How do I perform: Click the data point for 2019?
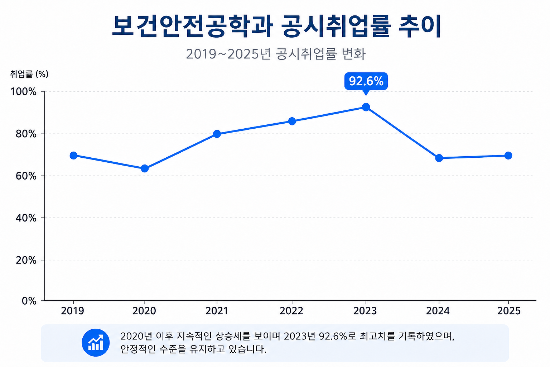point(73,156)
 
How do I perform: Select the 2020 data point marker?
point(145,169)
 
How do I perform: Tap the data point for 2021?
point(217,134)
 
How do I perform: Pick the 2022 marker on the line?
point(292,121)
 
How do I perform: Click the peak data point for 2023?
point(366,107)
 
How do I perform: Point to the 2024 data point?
point(439,158)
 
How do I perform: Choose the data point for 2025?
point(508,156)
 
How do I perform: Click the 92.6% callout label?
point(366,81)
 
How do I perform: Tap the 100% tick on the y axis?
point(23,92)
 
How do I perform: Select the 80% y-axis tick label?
point(26,134)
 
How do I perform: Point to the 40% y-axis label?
point(26,218)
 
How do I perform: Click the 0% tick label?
point(29,301)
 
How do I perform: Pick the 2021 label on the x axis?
point(217,311)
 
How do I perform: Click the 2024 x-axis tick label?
point(438,311)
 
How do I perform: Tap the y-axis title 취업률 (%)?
point(29,74)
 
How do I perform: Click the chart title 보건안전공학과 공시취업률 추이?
point(276,26)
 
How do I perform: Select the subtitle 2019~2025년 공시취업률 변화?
point(276,54)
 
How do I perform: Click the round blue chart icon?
point(96,343)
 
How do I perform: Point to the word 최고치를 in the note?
point(377,336)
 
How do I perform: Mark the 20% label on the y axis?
point(26,260)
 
